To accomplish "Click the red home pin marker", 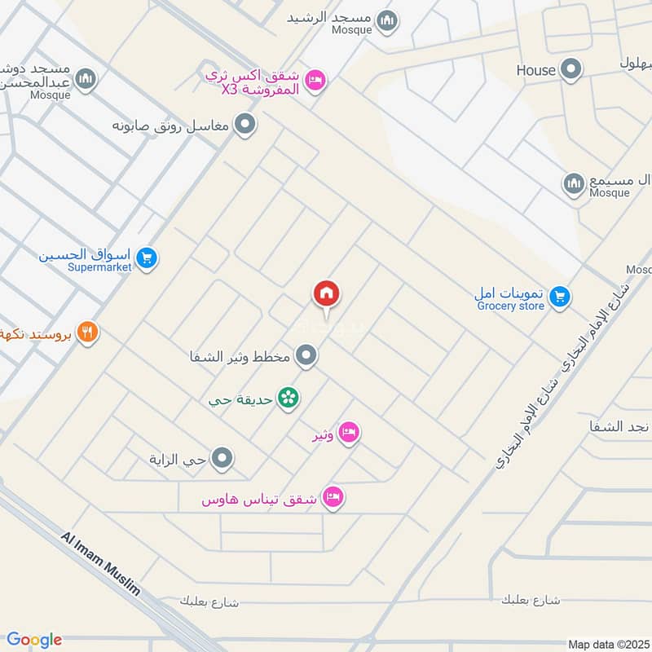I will pos(327,294).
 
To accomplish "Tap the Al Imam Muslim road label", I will pos(102,565).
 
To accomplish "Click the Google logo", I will pos(34,640).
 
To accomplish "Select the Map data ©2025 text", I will pos(607,644).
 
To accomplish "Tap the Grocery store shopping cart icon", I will pos(559,297).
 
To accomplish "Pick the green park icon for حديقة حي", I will pos(288,399).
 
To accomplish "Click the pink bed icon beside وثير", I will pos(349,434).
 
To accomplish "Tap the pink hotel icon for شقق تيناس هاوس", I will pos(333,497).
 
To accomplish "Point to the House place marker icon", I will pos(573,70).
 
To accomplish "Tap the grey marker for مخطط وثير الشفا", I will pos(306,355).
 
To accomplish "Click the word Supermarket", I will pos(99,267).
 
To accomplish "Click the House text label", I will pos(535,71).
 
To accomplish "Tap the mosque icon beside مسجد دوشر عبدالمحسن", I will pos(86,79).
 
